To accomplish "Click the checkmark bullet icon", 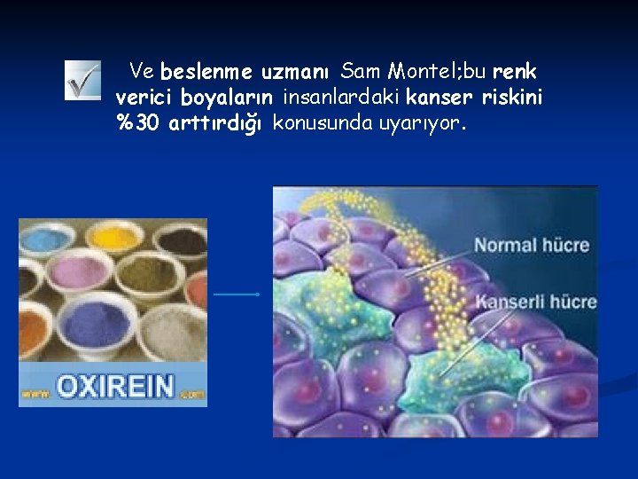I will coord(82,81).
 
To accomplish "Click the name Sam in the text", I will coord(361,70).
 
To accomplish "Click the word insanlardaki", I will coord(340,96).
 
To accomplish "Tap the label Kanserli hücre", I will coord(536,302).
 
